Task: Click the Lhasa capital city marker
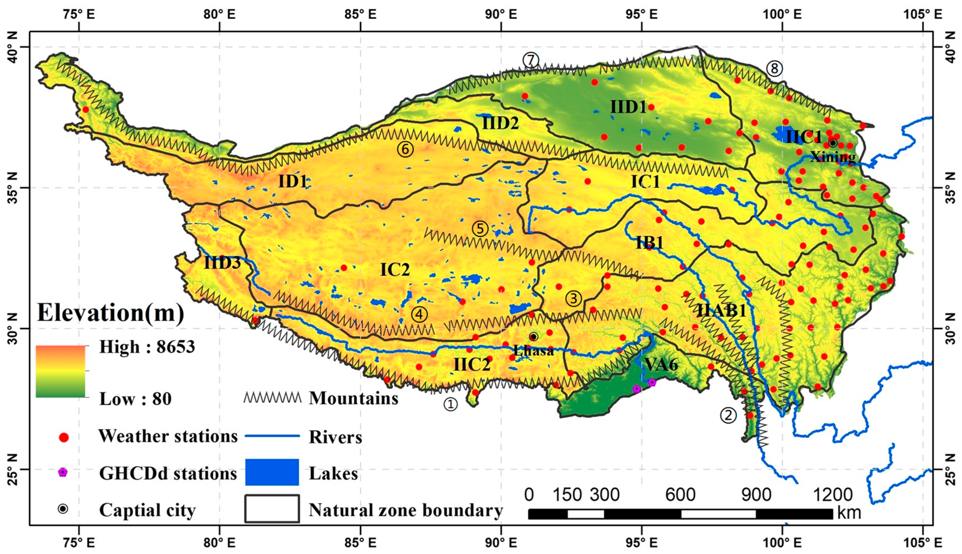point(533,337)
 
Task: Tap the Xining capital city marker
point(833,143)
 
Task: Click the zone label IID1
point(628,108)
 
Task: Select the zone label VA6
point(661,365)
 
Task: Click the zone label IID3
point(223,263)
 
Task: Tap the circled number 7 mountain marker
point(531,60)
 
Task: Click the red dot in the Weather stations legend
point(64,437)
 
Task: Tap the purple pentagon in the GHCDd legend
point(63,473)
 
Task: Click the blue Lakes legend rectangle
point(272,472)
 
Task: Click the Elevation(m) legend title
point(110,314)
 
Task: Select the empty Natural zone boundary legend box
point(272,509)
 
